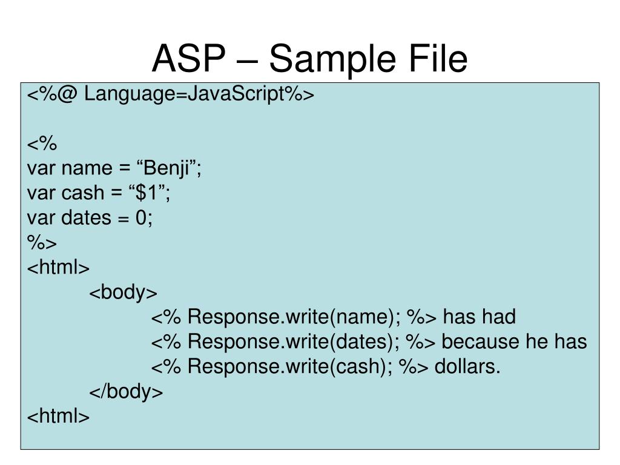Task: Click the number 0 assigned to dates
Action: (142, 218)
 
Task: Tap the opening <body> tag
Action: (124, 292)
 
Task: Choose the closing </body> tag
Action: (126, 392)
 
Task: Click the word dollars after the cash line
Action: (467, 367)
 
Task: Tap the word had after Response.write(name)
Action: (500, 317)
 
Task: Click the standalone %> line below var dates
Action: (42, 243)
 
